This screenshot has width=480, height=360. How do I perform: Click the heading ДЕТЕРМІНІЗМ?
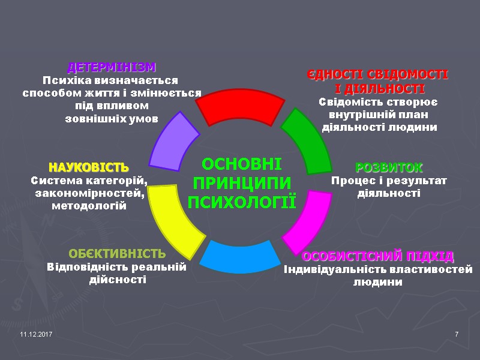[112, 67]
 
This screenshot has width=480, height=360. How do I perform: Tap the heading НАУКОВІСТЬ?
[89, 166]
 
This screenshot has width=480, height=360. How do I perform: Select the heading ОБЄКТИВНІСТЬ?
[117, 253]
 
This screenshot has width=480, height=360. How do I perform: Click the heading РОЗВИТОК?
[389, 167]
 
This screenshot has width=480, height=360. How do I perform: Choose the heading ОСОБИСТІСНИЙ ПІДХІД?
[378, 257]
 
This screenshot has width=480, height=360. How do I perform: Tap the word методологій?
[89, 206]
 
